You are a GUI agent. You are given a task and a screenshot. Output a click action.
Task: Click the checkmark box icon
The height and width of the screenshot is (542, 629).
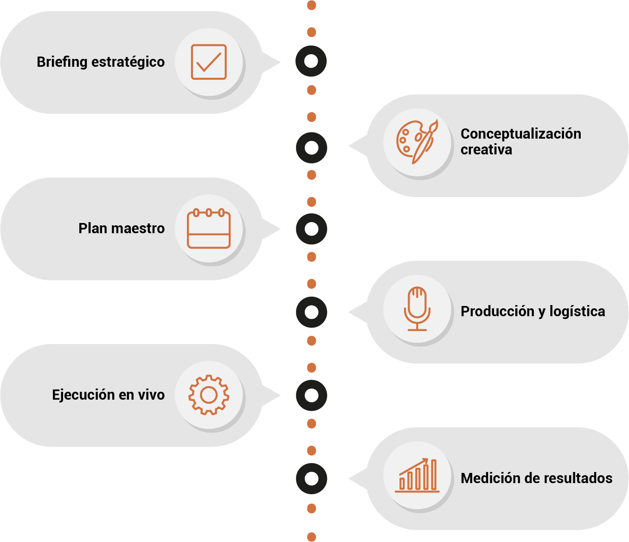(x=209, y=62)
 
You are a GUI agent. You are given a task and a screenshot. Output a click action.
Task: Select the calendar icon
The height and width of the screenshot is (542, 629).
(x=209, y=229)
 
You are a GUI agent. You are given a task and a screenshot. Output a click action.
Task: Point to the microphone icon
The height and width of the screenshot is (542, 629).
(x=417, y=308)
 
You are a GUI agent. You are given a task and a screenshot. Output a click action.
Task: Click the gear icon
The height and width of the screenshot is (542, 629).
(x=209, y=395)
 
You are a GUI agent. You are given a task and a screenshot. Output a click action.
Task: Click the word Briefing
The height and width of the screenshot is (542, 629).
(x=62, y=62)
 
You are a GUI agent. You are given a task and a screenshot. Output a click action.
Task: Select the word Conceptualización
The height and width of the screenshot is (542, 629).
(x=520, y=134)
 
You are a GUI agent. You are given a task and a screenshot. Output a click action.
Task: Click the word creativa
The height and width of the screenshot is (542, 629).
(x=486, y=150)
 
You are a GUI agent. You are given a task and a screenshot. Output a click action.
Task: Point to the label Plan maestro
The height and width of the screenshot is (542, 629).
(x=122, y=229)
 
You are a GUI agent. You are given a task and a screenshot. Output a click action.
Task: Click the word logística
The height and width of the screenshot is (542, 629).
(x=577, y=311)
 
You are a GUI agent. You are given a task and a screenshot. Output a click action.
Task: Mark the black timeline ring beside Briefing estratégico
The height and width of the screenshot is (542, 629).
(x=311, y=61)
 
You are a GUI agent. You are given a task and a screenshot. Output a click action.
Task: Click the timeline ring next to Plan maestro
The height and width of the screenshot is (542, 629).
(x=311, y=229)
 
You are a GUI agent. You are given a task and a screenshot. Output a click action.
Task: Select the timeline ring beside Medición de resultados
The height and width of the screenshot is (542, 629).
(x=311, y=478)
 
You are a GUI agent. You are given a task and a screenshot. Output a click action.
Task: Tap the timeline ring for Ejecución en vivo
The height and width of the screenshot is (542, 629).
(x=311, y=395)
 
